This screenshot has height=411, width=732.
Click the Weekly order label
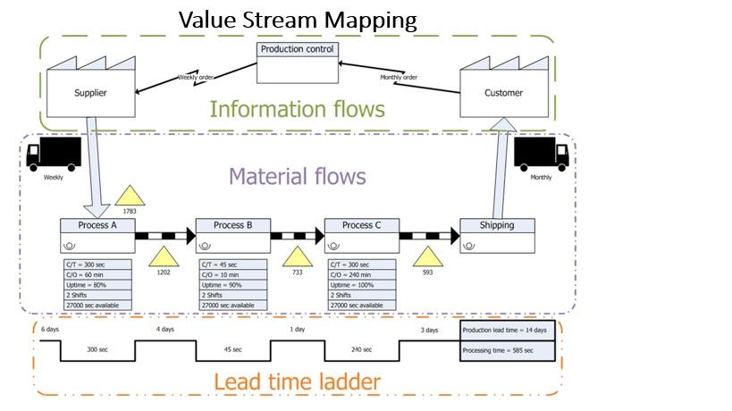point(196,77)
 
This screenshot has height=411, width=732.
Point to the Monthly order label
point(400,77)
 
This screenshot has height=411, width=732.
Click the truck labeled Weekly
point(54,155)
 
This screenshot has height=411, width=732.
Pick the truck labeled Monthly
point(542,155)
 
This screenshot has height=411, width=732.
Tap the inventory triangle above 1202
point(163,255)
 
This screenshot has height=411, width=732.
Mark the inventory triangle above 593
point(427,258)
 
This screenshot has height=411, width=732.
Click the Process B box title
point(232,225)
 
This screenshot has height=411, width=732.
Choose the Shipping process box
point(497,236)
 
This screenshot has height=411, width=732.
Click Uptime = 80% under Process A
point(97,285)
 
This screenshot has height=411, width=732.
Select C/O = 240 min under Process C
point(361,274)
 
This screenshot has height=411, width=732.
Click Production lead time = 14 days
point(505,331)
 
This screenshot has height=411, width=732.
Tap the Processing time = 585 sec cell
point(505,351)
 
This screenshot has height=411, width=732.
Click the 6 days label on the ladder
point(49,330)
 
